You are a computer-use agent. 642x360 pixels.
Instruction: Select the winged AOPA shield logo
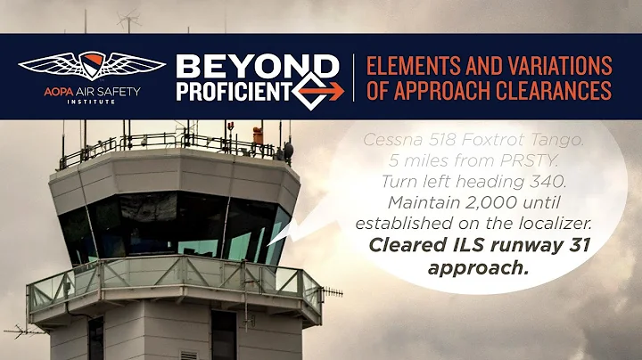coord(92,66)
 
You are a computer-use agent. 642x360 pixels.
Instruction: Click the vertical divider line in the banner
coord(353,78)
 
